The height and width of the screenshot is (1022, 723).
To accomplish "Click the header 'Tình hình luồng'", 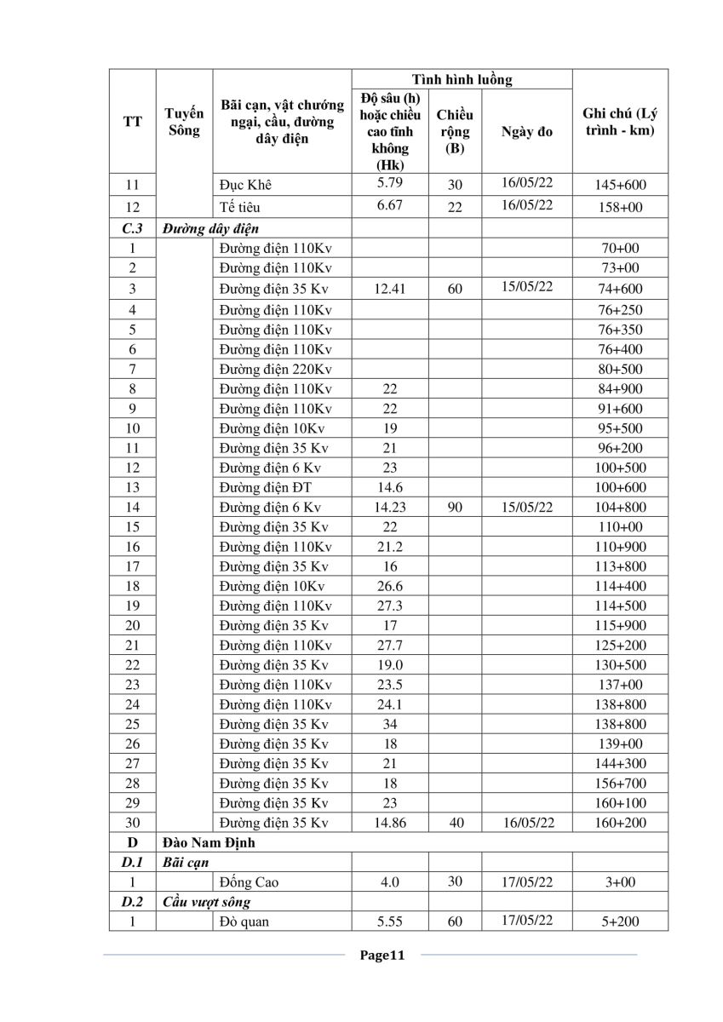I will point(462,80).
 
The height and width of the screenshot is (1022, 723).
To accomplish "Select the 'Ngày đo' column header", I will point(527,132).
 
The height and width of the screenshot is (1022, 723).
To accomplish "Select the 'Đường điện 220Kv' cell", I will point(275,369).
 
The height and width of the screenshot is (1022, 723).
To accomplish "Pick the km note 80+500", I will point(620,369).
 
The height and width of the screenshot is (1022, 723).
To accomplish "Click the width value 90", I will point(455,507).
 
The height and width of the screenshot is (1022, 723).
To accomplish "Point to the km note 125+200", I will point(620,645).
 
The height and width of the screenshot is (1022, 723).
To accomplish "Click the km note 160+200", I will point(620,823).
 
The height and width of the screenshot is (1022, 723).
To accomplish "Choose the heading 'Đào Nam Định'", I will point(209,843).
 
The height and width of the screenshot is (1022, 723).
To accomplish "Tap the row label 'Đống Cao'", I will point(249,882).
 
